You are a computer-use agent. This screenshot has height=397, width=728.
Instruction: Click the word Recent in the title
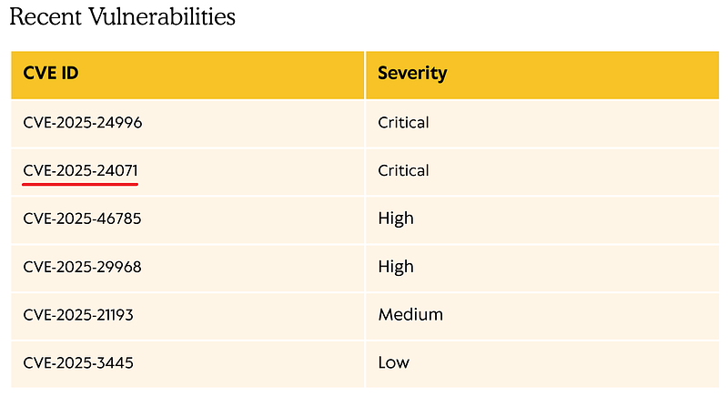click(x=45, y=16)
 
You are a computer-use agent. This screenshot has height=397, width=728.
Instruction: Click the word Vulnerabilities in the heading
click(x=162, y=16)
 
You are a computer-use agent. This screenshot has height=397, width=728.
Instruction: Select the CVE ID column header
click(x=51, y=73)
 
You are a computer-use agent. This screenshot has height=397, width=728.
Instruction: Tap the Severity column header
click(x=412, y=73)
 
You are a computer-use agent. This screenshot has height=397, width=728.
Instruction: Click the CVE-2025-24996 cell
click(x=83, y=123)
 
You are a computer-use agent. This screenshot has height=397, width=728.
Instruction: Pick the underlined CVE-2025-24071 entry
click(x=80, y=170)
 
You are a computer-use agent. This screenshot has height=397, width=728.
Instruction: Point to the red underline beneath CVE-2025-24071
click(x=80, y=184)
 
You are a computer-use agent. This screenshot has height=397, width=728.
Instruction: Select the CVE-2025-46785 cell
click(x=82, y=219)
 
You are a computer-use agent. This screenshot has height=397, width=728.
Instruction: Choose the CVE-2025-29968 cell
click(x=82, y=267)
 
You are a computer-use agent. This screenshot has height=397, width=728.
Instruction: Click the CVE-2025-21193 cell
click(x=78, y=315)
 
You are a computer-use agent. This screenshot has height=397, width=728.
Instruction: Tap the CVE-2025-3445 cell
click(x=78, y=362)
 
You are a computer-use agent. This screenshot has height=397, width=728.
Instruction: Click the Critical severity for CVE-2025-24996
click(x=403, y=123)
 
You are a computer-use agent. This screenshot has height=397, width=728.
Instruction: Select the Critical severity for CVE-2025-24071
click(x=403, y=170)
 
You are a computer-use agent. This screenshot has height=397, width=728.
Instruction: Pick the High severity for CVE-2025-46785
click(x=396, y=219)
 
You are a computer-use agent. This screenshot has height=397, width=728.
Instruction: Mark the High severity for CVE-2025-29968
click(x=396, y=267)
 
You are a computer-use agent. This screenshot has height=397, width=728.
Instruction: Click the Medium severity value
click(x=410, y=315)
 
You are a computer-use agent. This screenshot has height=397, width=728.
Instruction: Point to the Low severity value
click(x=394, y=362)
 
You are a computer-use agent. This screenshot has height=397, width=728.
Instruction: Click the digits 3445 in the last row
click(x=115, y=362)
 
